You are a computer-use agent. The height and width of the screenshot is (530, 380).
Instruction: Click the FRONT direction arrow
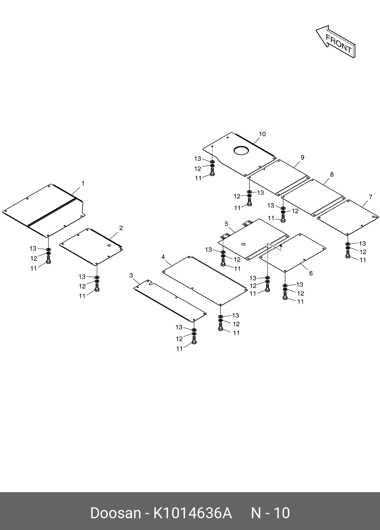(x=336, y=41)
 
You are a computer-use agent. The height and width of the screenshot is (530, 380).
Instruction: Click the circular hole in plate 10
(x=242, y=150)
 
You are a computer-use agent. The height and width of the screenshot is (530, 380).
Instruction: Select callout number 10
(x=262, y=134)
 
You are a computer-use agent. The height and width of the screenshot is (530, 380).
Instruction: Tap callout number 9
(x=302, y=157)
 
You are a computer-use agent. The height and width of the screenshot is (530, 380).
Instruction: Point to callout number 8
(x=332, y=175)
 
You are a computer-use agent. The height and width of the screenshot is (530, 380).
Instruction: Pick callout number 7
(x=371, y=197)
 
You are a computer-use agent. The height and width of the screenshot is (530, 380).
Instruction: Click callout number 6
(x=311, y=273)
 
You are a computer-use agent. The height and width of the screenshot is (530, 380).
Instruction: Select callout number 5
(x=226, y=224)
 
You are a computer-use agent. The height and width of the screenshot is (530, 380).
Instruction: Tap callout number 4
(x=163, y=257)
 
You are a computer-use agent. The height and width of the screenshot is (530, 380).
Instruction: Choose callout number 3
(x=131, y=275)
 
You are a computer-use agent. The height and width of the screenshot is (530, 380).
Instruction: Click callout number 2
(x=121, y=228)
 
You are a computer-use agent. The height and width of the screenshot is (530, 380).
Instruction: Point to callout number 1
(x=83, y=183)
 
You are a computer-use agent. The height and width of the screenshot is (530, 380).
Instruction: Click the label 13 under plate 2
(x=82, y=277)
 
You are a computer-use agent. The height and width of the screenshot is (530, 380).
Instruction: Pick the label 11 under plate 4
(x=236, y=333)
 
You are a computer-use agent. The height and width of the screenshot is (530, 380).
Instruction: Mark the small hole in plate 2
(x=109, y=245)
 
